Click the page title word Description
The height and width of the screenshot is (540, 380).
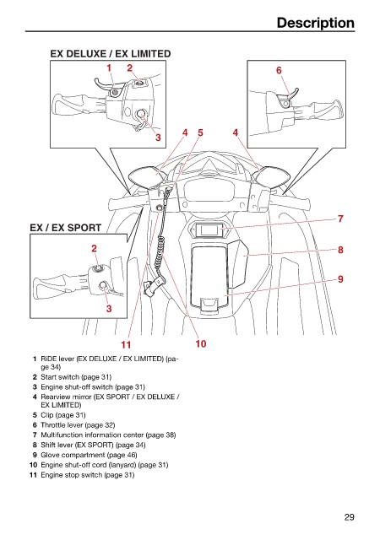point(316,23)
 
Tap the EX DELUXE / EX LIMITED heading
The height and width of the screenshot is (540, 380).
point(111,54)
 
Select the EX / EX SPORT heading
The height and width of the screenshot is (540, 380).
point(66,228)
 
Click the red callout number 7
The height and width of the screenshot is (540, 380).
point(340,219)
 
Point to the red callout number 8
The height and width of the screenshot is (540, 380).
point(340,250)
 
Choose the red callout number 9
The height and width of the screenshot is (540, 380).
point(340,279)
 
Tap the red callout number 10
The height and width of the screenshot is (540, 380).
point(201,343)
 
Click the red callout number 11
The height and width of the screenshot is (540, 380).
point(126,344)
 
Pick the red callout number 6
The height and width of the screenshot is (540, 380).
point(279,70)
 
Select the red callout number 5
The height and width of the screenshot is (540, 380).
point(200,132)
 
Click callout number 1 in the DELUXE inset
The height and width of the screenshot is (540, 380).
point(109,67)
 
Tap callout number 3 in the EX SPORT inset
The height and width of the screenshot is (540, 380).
point(109,308)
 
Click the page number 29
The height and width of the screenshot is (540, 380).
point(349,517)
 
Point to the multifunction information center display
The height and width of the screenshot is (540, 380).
point(208,230)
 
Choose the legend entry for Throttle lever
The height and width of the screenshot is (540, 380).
point(73,425)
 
